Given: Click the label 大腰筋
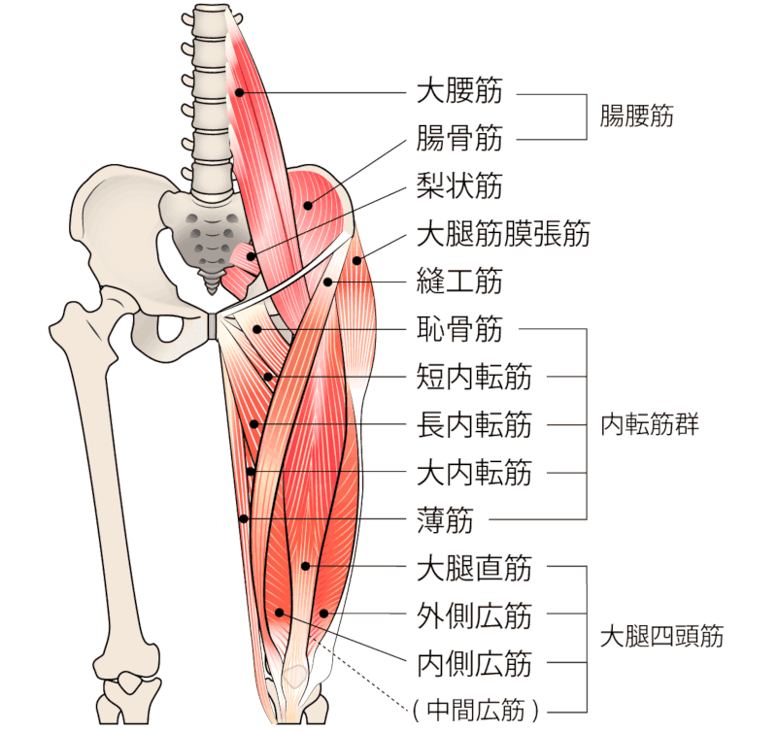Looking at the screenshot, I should (459, 93).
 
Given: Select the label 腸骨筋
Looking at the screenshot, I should (459, 140).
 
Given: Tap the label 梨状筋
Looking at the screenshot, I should (459, 186).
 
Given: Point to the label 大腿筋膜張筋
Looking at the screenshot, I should (502, 234).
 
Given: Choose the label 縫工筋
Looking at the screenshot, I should (459, 282).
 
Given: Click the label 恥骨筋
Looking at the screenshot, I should (459, 329).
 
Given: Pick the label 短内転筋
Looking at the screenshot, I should (473, 377).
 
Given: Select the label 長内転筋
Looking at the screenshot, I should (473, 424).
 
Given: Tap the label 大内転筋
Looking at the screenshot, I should (473, 473).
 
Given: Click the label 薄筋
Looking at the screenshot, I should (445, 520).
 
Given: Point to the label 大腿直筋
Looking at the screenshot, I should (473, 567).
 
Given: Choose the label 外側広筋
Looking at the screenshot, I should (473, 615).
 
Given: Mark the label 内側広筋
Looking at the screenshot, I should (473, 663).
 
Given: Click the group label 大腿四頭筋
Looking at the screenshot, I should (661, 638).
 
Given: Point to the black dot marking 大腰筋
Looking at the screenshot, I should (238, 92).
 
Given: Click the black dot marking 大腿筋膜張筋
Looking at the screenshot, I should (357, 259).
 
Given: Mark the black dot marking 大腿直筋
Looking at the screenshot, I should (305, 566).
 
